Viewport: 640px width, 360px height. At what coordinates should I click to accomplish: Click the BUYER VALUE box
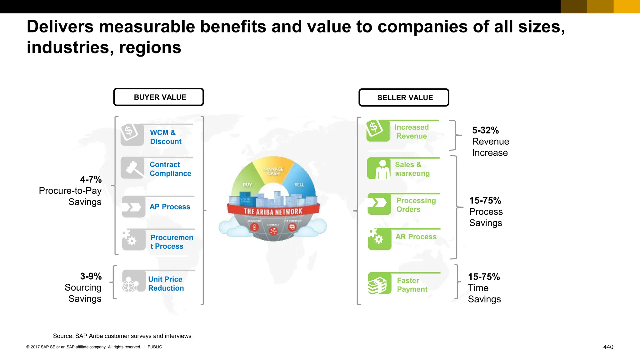(159, 97)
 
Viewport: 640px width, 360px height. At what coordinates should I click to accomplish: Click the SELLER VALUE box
(404, 98)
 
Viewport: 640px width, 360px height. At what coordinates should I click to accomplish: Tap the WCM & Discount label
(165, 137)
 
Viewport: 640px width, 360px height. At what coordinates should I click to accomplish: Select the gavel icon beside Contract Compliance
(132, 168)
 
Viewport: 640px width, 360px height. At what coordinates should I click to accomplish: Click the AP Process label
(170, 207)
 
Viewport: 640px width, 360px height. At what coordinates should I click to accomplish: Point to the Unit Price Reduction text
(166, 283)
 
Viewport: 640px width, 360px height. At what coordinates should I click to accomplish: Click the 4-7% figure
(91, 179)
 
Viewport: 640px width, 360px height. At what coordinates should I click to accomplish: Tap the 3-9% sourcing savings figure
(91, 276)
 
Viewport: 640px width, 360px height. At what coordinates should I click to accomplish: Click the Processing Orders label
(416, 205)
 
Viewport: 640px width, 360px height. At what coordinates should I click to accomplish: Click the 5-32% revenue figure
(485, 130)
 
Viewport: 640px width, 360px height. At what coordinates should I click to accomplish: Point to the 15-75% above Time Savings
(484, 277)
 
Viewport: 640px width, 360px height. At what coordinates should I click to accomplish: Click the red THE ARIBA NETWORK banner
(273, 212)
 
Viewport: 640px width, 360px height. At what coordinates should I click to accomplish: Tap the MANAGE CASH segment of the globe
(273, 171)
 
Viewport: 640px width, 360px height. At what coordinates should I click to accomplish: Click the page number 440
(608, 347)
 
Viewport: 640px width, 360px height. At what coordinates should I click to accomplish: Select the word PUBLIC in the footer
(155, 347)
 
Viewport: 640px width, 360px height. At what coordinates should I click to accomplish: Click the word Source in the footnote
(63, 336)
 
